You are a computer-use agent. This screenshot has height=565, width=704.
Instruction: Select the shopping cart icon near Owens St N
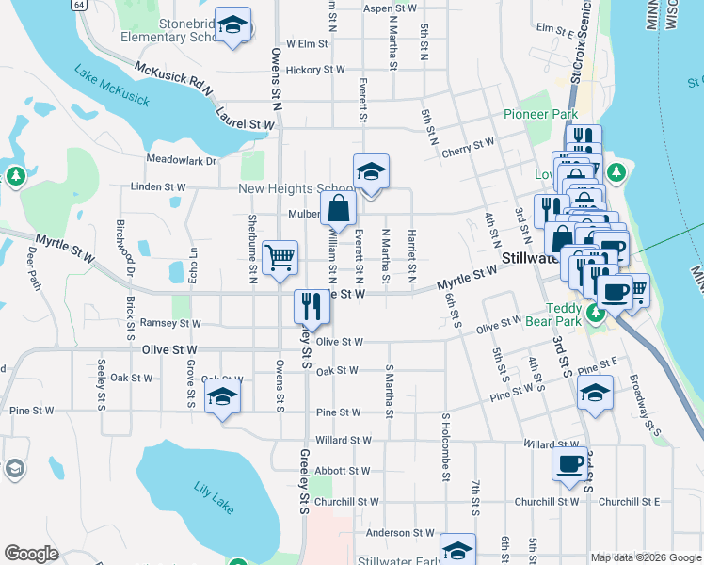[280, 257]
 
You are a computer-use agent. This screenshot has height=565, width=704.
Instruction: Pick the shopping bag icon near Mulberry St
[339, 209]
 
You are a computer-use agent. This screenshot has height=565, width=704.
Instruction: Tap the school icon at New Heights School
[371, 172]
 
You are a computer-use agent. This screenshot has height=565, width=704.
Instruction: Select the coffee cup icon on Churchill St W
[570, 463]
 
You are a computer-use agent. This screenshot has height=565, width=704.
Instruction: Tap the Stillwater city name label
[531, 257]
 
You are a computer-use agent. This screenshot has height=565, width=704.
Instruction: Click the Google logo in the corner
[31, 554]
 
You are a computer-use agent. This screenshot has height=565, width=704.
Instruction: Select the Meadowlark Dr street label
[182, 160]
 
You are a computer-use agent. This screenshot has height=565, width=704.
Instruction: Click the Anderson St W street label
[400, 533]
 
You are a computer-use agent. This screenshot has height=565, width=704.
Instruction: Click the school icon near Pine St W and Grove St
[222, 395]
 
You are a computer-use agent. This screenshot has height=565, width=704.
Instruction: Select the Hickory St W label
[315, 70]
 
